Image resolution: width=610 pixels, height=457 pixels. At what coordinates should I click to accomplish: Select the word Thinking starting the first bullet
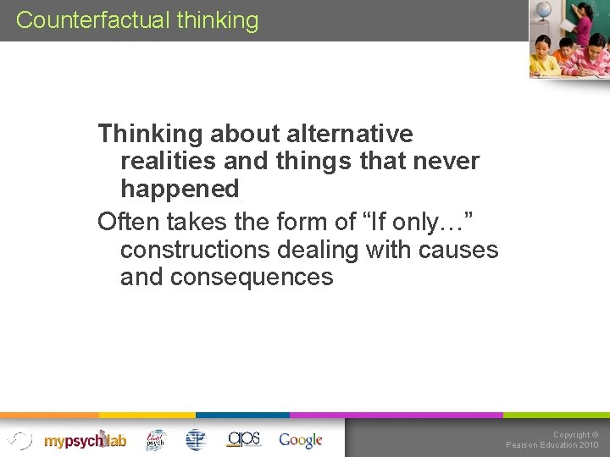[149, 134]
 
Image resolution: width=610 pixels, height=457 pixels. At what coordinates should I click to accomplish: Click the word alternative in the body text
[350, 134]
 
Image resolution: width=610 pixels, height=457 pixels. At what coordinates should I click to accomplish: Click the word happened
[180, 188]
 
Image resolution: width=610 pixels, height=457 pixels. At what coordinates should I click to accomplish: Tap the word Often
[129, 222]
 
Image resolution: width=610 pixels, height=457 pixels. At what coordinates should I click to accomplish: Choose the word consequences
[252, 277]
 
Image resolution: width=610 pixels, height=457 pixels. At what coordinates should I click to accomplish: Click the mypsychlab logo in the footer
[85, 440]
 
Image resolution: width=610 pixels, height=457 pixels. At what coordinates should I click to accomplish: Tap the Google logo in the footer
[301, 440]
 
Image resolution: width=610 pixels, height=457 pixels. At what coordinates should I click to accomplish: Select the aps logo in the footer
[244, 438]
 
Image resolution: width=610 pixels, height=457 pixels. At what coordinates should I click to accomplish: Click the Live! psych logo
[155, 439]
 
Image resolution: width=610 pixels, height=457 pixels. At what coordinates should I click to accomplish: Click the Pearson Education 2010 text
[552, 445]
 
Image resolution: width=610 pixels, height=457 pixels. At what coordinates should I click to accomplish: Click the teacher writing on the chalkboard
[583, 25]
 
